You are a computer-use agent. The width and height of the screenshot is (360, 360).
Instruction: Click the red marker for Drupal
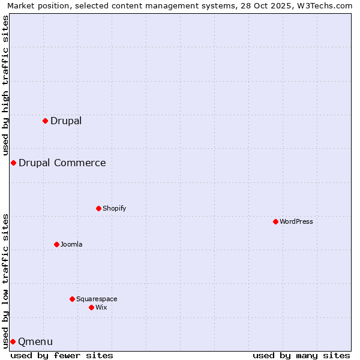(45, 121)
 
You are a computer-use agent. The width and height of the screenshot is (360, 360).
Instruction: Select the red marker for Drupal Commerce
(13, 163)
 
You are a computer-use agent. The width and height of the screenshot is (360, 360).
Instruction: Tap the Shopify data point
(98, 208)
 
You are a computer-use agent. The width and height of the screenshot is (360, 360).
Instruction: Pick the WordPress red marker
(275, 221)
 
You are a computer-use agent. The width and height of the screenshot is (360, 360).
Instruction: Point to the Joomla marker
(56, 244)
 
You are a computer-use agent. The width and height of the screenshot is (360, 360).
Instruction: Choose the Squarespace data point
(72, 299)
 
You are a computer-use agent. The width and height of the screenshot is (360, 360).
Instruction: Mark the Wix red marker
(91, 307)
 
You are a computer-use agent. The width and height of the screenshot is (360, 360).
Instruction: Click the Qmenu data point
(13, 341)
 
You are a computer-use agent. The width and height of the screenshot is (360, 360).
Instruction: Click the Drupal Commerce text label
(62, 163)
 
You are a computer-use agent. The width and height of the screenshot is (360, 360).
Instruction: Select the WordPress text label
(296, 221)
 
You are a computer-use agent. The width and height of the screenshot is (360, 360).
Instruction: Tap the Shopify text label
(115, 208)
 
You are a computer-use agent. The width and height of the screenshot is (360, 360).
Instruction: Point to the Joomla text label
(71, 244)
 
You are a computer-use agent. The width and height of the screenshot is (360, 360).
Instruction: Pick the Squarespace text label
(97, 299)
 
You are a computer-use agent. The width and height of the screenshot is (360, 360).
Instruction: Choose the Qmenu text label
(35, 341)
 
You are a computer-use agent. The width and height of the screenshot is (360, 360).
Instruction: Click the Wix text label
(101, 307)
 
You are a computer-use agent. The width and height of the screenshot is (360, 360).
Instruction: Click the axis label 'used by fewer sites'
(62, 355)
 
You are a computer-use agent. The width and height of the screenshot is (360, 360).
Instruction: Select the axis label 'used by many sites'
(301, 355)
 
